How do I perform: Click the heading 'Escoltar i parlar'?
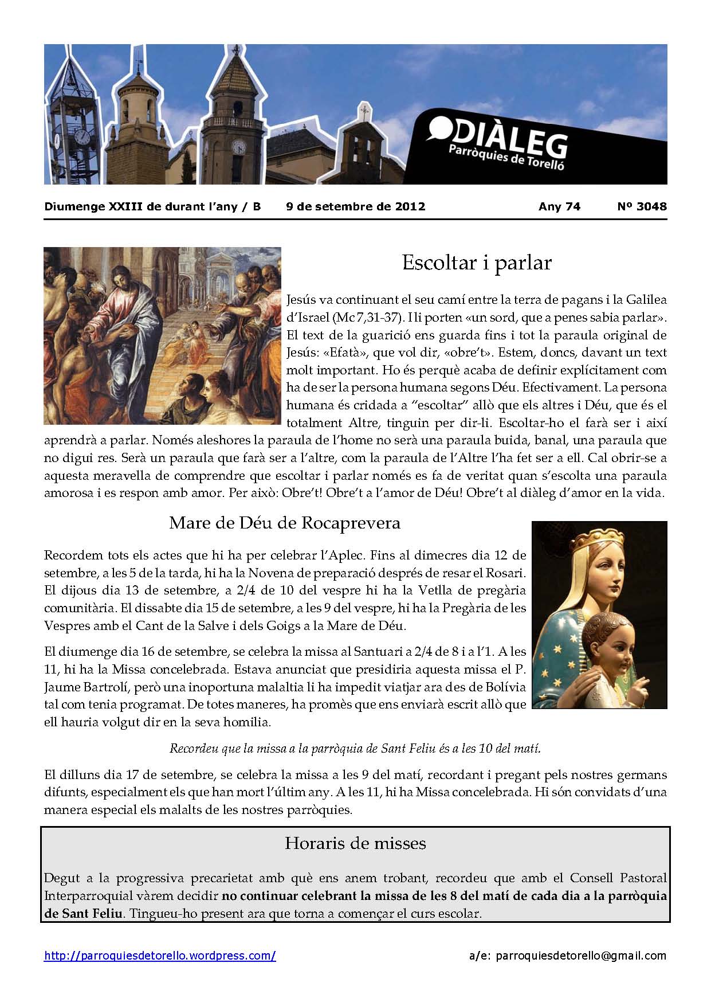[476, 263]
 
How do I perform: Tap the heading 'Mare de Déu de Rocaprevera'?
[284, 523]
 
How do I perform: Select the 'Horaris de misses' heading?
[355, 843]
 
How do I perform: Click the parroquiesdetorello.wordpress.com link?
[160, 956]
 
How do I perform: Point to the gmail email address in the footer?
[580, 956]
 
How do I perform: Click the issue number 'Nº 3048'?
[642, 206]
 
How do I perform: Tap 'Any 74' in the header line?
[559, 206]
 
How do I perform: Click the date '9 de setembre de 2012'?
[355, 206]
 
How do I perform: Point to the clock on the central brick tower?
[238, 147]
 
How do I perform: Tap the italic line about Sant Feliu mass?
[355, 748]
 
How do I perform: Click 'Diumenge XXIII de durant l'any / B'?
[152, 206]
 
